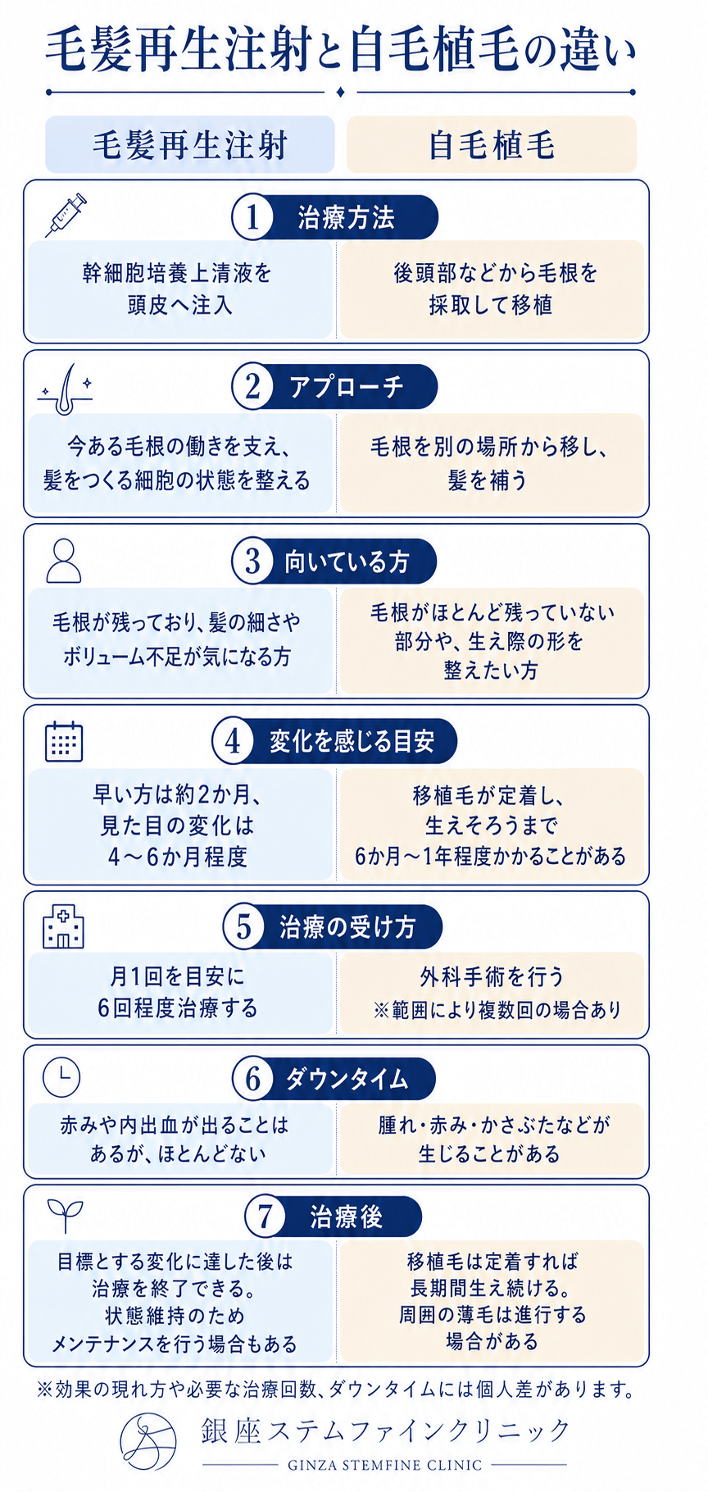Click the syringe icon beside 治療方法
pos(66,215)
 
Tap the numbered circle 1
pos(252,217)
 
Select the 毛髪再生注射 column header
pos(190,145)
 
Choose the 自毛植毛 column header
pos(492,145)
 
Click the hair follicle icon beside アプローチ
pos(65,384)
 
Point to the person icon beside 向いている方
pos(64,561)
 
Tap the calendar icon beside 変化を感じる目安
pos(64,741)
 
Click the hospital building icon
pos(64,927)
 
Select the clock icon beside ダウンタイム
pos(61,1076)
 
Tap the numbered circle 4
pos(233,741)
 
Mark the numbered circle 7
pos(265,1217)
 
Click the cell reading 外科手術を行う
pos(492,992)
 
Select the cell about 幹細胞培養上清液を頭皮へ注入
pos(179,289)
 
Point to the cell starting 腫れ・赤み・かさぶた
pos(492,1139)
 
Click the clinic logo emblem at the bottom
pos(148,1441)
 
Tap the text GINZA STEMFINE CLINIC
pos(384,1464)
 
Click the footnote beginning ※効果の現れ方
pos(336,1389)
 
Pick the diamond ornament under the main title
pos(341,92)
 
